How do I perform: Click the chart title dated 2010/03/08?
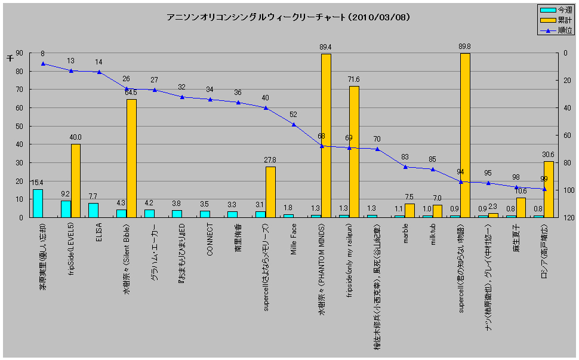[x=288, y=17]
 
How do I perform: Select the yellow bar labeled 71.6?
[x=354, y=152]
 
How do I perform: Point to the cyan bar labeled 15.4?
[x=38, y=203]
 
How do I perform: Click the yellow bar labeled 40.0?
[x=76, y=180]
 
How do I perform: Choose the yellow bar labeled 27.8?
[x=270, y=192]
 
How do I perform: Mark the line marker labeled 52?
[x=294, y=124]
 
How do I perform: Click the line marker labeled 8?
[x=43, y=64]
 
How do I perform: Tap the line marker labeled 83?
[x=405, y=167]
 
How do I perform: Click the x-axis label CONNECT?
[x=210, y=239]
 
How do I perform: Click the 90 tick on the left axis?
[x=19, y=53]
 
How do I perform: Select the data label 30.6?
[x=548, y=154]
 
